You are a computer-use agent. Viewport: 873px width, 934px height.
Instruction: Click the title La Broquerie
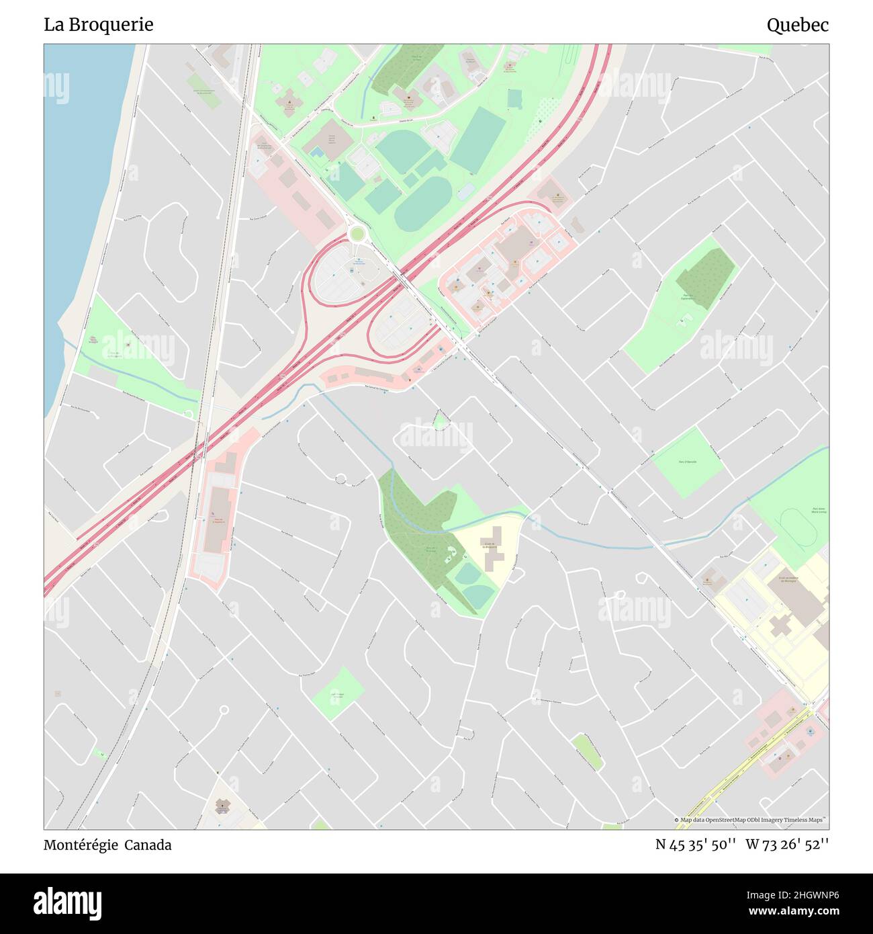click(99, 25)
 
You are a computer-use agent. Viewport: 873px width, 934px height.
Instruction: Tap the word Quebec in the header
click(797, 26)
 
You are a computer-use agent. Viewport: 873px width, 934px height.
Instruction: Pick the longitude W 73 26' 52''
click(787, 845)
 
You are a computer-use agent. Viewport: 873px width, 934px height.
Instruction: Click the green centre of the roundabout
click(357, 234)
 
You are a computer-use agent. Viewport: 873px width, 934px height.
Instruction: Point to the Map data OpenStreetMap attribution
click(751, 820)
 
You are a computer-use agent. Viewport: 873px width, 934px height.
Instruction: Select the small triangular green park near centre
click(440, 422)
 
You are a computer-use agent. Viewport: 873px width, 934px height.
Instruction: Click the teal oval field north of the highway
click(423, 204)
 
